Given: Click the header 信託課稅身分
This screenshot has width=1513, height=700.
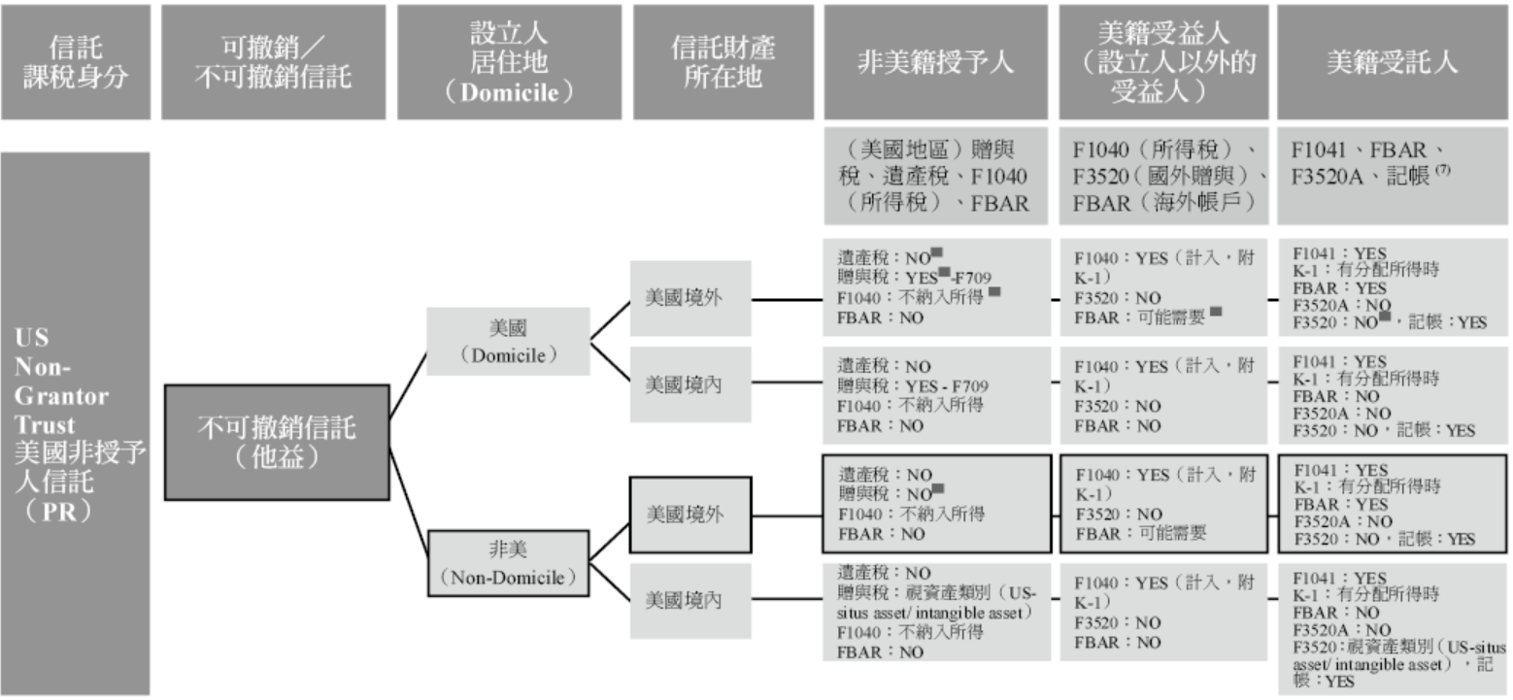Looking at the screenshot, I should pyautogui.click(x=75, y=62).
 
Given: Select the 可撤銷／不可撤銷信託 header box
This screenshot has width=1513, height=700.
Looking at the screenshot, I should pyautogui.click(x=273, y=62).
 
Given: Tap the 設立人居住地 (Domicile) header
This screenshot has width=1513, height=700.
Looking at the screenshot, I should pyautogui.click(x=509, y=62).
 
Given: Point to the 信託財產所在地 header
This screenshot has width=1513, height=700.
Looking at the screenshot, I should pyautogui.click(x=723, y=62).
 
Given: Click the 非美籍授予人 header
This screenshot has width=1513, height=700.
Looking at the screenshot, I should pyautogui.click(x=935, y=62).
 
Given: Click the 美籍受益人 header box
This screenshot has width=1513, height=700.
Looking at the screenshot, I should pyautogui.click(x=1161, y=62).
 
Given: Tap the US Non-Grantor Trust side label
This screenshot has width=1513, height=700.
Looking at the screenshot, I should pyautogui.click(x=75, y=423).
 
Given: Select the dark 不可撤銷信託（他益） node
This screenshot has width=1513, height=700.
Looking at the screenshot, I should pyautogui.click(x=277, y=442).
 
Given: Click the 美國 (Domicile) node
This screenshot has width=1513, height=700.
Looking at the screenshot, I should pyautogui.click(x=508, y=342).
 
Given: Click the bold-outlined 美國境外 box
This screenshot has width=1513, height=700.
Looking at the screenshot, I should pyautogui.click(x=685, y=514).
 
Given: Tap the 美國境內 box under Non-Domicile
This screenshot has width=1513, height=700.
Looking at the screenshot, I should pyautogui.click(x=685, y=601).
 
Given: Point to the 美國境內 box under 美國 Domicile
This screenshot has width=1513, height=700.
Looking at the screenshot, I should pyautogui.click(x=685, y=384).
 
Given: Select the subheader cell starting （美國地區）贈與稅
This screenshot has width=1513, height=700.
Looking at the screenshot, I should pyautogui.click(x=935, y=176).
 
